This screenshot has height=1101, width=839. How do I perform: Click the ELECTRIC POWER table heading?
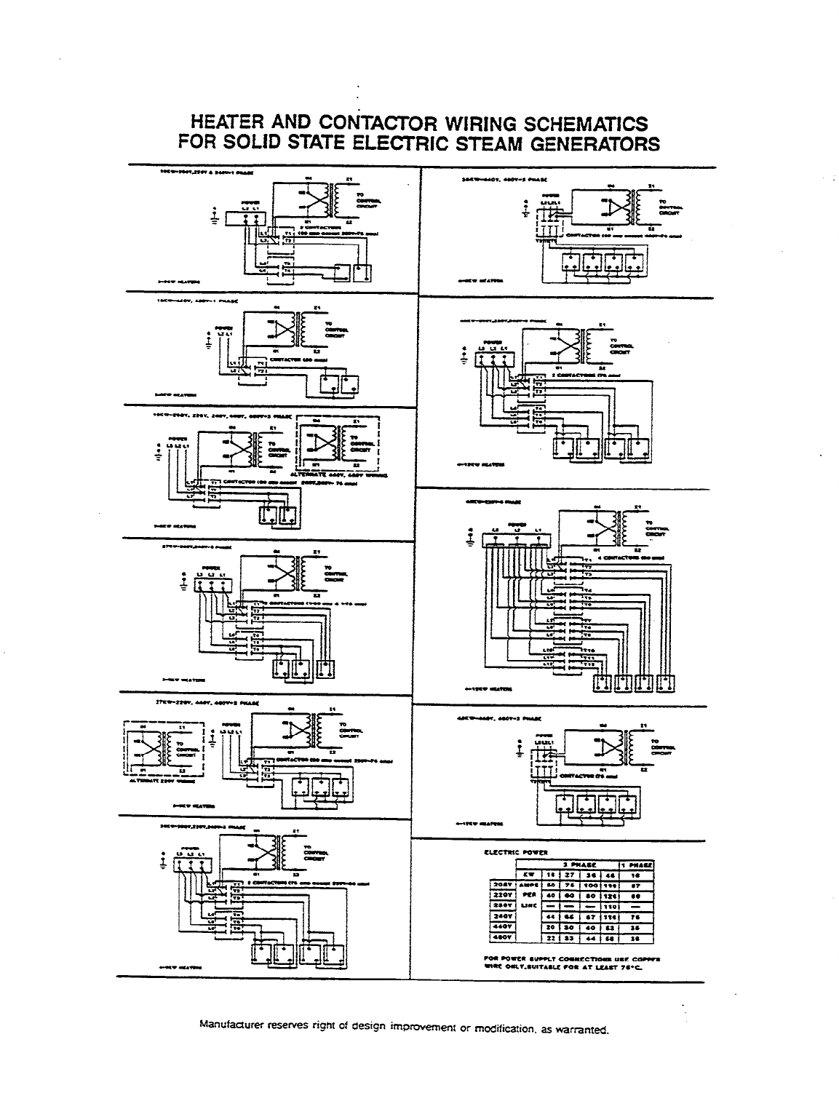(516, 851)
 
